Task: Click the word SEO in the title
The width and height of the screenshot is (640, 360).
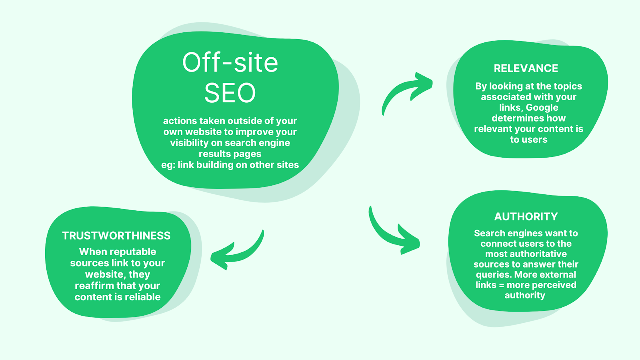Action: [x=230, y=93]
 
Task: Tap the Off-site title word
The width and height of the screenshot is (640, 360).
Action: [x=230, y=63]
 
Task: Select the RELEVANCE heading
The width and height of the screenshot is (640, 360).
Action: [x=526, y=68]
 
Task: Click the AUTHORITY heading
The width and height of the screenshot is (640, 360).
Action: [x=526, y=217]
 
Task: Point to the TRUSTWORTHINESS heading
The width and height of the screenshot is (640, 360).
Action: [x=116, y=236]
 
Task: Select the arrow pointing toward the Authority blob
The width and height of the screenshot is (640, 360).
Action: [x=394, y=234]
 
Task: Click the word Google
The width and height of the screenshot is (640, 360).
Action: [x=542, y=108]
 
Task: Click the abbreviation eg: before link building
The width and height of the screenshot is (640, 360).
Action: [x=168, y=165]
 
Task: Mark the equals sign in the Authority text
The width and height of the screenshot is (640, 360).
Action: [x=501, y=285]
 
